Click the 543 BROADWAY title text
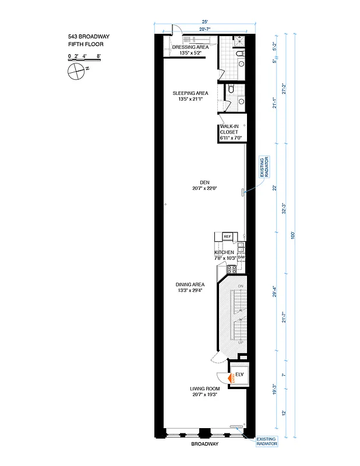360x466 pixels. point(89,36)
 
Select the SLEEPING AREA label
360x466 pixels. point(190,96)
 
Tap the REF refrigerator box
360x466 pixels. point(227,236)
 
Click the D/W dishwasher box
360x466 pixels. point(241,257)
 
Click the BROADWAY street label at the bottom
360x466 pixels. point(204,444)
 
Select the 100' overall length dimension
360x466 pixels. point(294,235)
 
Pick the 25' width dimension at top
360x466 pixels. point(204,23)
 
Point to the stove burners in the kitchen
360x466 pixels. point(231,269)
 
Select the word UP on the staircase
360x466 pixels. point(240,343)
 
